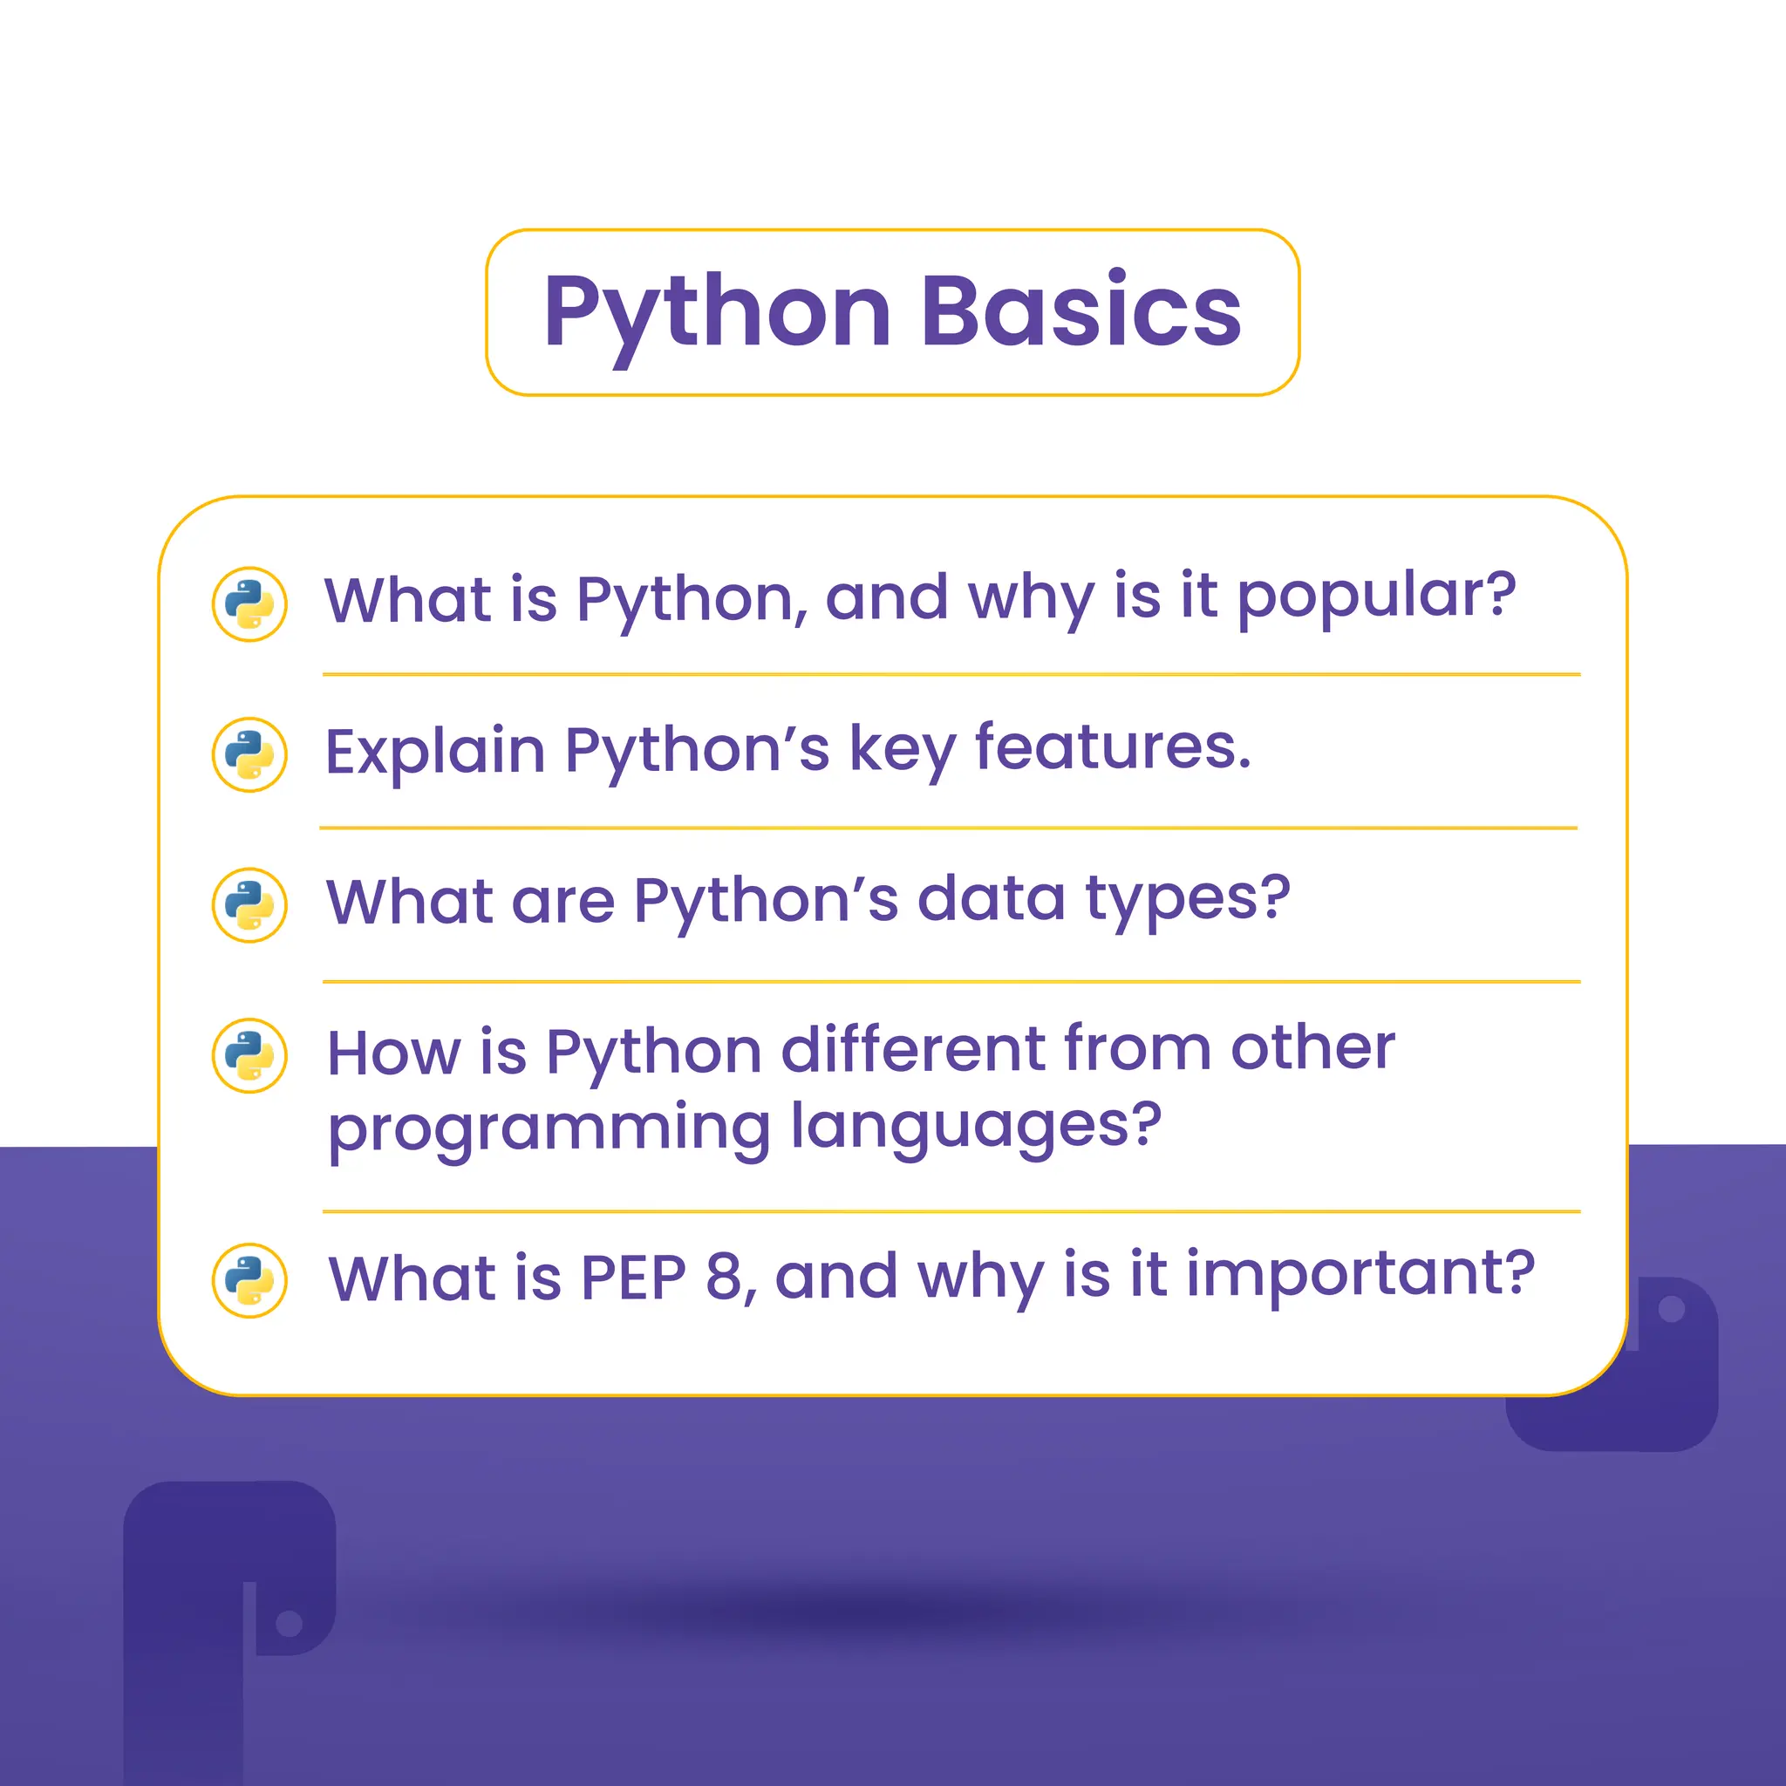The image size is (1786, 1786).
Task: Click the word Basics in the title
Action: [1080, 312]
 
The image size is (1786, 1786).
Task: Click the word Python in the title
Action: [718, 312]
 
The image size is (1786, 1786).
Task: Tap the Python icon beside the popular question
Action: [249, 603]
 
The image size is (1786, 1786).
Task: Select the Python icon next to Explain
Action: [249, 754]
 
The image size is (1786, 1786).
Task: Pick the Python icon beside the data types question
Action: [249, 905]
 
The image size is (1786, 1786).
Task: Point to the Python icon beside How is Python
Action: [249, 1056]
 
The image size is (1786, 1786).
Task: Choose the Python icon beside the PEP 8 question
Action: [249, 1280]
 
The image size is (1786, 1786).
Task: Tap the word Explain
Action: [434, 750]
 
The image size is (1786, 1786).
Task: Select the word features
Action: [1113, 747]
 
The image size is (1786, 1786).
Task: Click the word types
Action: [1187, 899]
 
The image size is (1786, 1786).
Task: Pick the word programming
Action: [549, 1128]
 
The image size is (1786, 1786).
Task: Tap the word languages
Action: [976, 1128]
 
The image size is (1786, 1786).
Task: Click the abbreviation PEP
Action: [633, 1278]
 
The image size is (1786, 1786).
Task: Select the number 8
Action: [724, 1278]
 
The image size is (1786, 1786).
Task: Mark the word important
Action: [1359, 1276]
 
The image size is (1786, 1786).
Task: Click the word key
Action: [903, 750]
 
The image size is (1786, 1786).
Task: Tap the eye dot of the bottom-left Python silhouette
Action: [290, 1622]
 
